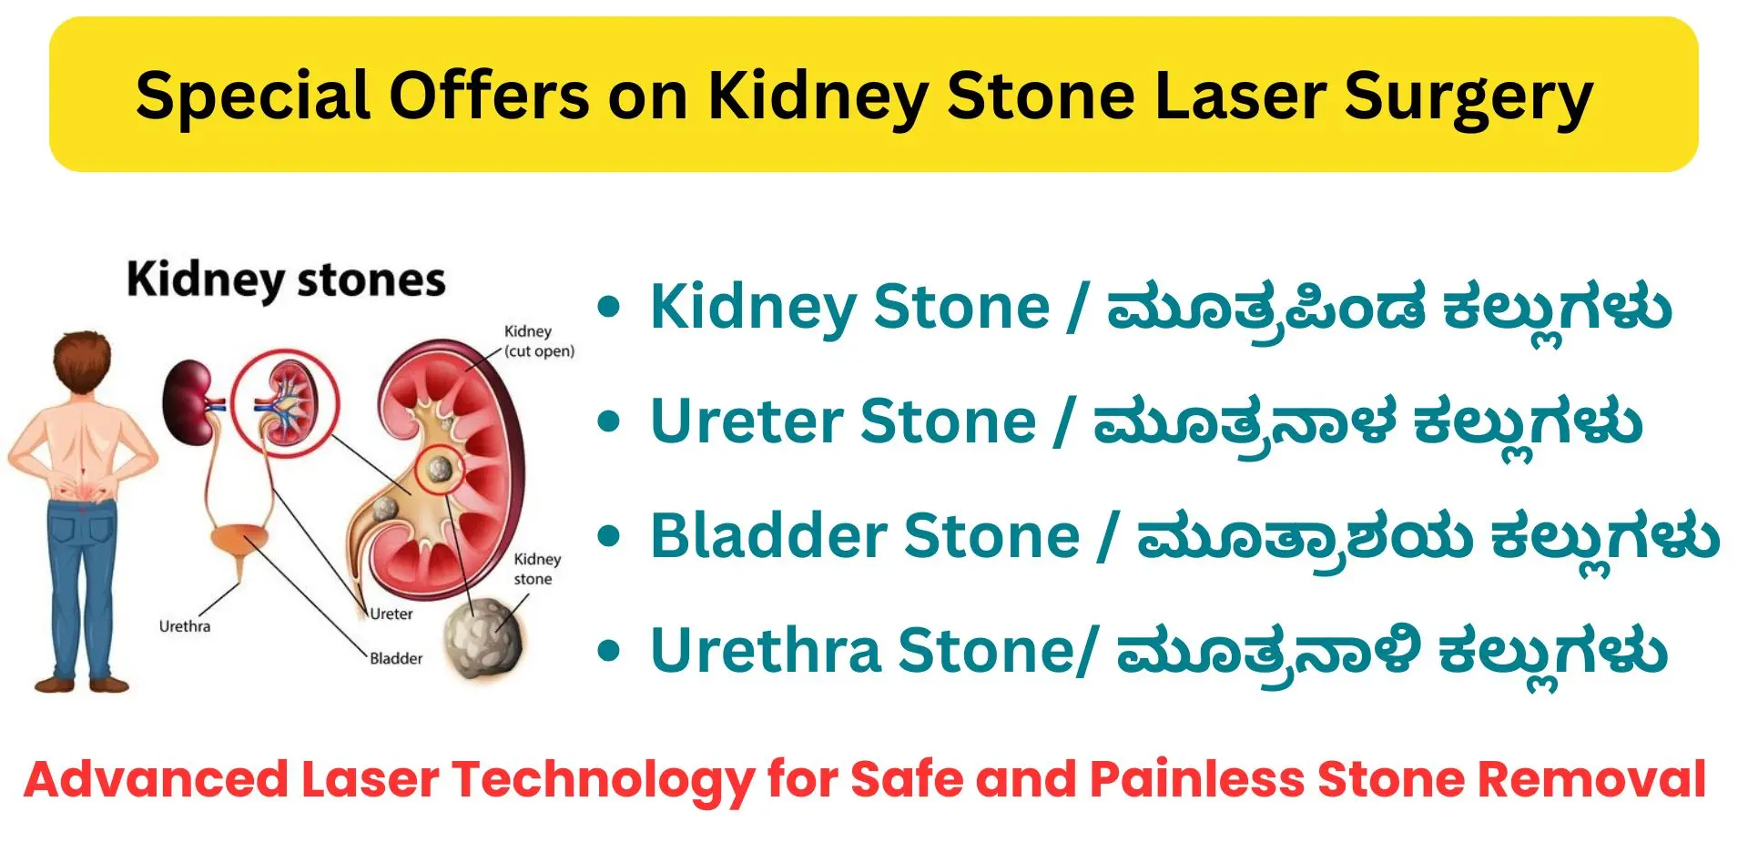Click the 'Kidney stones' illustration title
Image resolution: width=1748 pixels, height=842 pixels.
(286, 279)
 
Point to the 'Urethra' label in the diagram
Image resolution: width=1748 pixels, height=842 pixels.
(185, 626)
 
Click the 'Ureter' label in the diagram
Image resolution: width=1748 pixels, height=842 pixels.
(391, 614)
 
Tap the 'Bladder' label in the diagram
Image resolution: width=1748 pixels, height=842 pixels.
(396, 658)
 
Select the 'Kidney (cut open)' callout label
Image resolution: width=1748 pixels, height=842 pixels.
(539, 341)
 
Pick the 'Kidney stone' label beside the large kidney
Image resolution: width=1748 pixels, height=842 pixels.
(537, 569)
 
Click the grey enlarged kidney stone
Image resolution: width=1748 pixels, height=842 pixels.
(483, 638)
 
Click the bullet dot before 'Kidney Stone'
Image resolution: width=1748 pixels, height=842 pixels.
(609, 308)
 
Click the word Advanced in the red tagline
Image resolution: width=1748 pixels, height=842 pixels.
(156, 779)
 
